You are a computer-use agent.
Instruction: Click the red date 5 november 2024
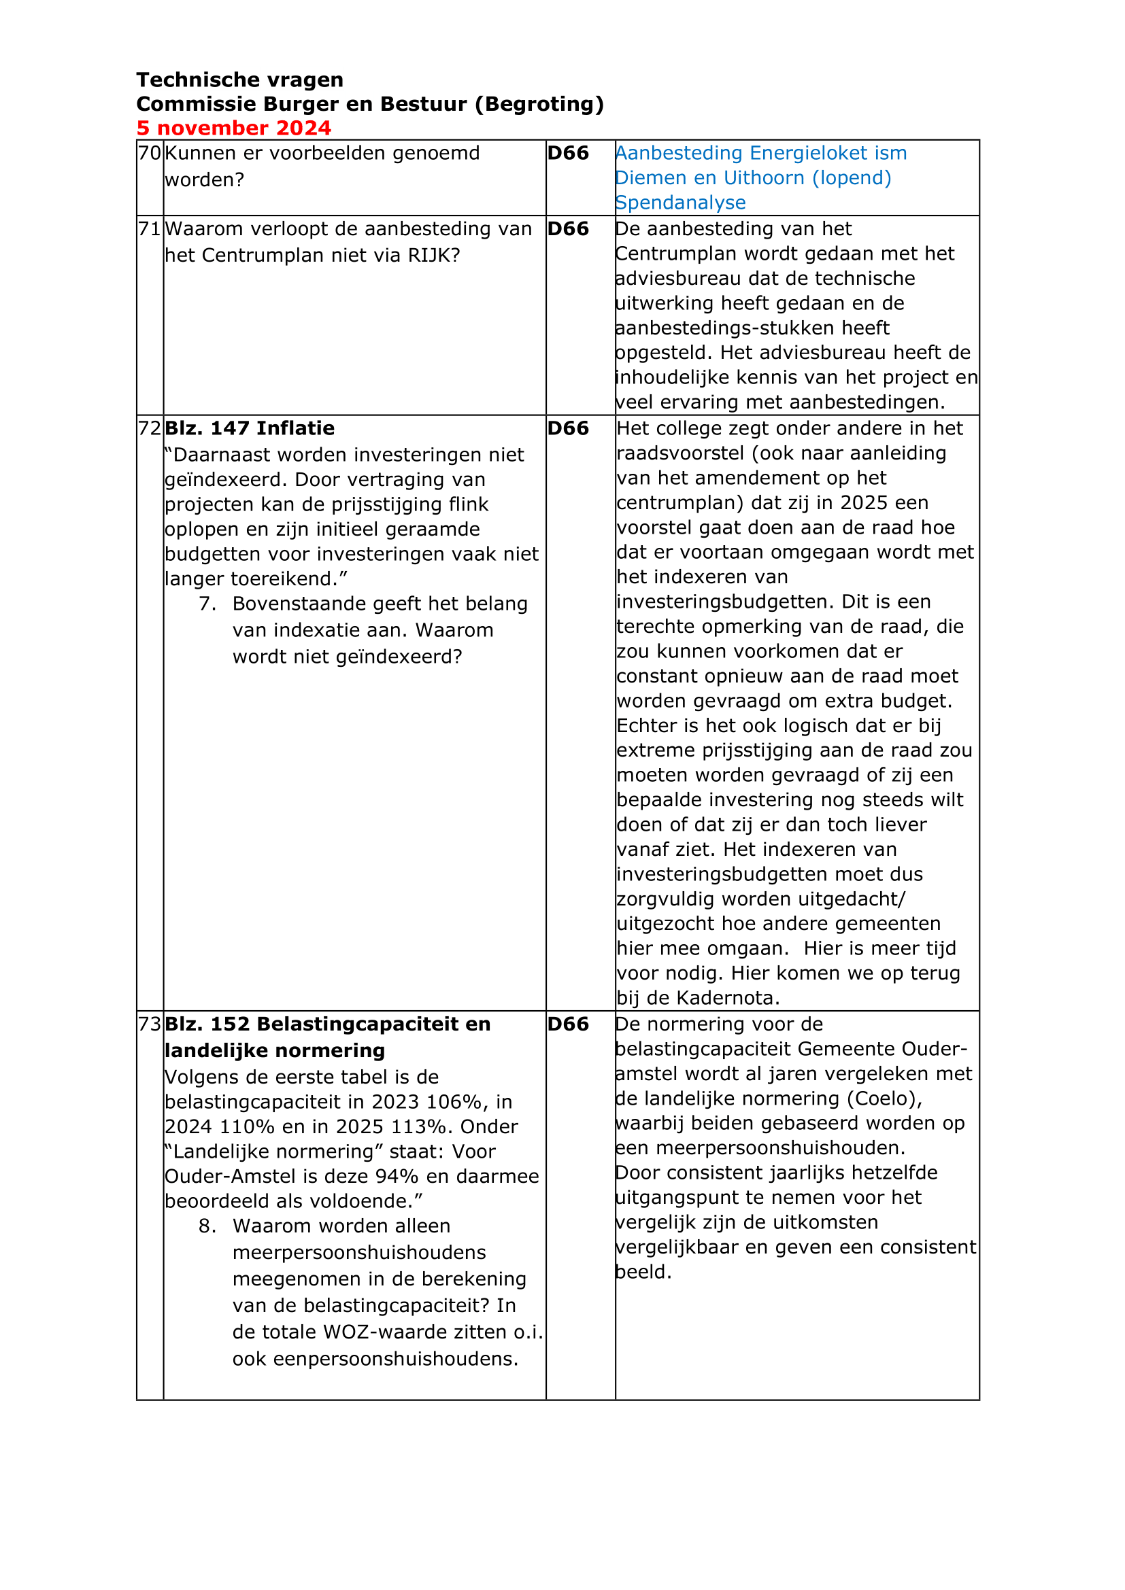233,128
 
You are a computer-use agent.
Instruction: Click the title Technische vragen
239,80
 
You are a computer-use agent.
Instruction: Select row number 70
150,153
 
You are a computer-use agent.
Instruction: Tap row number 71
150,229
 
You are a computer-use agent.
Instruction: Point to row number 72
150,429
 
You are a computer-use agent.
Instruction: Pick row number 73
150,1024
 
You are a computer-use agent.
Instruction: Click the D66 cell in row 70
568,153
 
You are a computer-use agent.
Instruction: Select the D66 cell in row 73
568,1024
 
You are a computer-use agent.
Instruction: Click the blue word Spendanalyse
680,203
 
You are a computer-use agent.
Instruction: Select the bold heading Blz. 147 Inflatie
250,429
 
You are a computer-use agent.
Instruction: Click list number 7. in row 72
207,604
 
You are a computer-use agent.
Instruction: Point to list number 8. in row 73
207,1226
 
